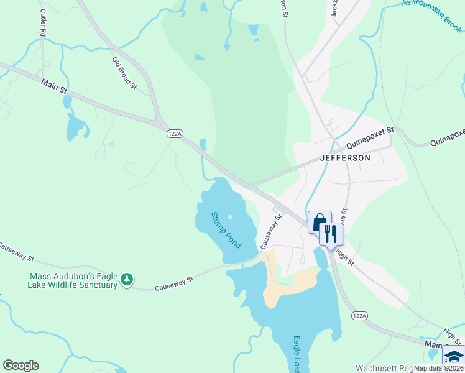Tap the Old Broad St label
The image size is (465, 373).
click(x=124, y=73)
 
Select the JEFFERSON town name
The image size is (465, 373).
click(x=345, y=158)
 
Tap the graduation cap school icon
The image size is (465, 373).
click(x=453, y=357)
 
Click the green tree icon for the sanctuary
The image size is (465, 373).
click(x=127, y=279)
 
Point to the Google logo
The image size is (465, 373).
click(x=21, y=366)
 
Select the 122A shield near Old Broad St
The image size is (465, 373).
click(x=175, y=133)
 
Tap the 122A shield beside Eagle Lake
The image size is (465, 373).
click(x=359, y=316)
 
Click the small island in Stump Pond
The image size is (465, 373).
click(x=229, y=217)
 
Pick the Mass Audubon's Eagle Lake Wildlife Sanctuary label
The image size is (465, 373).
click(x=73, y=280)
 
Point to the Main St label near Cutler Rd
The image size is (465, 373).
click(x=54, y=86)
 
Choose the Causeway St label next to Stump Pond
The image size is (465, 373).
click(x=270, y=231)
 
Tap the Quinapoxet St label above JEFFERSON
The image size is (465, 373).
click(x=371, y=137)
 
